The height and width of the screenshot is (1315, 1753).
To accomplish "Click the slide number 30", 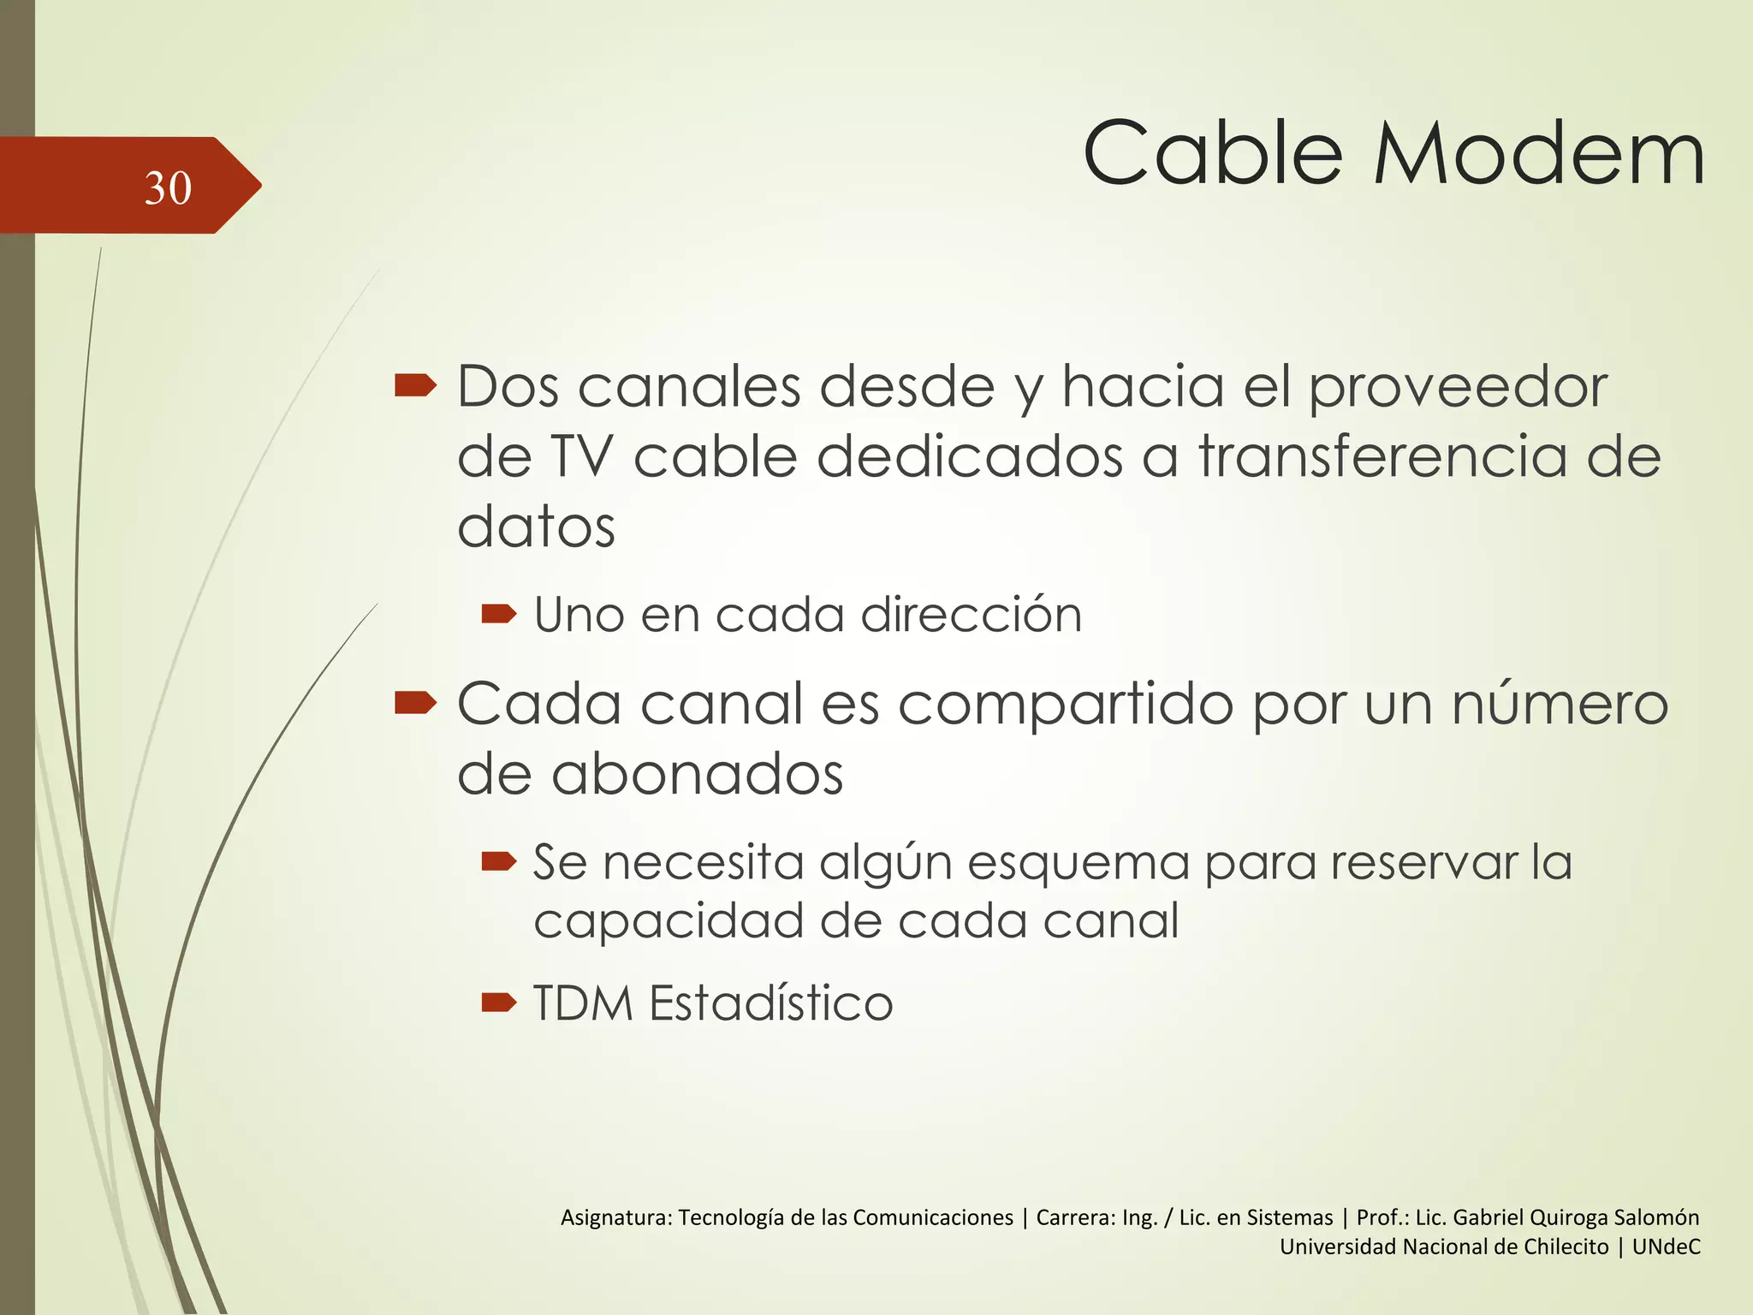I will tap(168, 187).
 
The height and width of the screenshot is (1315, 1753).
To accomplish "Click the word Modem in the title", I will tap(1539, 155).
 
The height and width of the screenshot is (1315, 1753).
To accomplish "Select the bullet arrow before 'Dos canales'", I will tap(416, 387).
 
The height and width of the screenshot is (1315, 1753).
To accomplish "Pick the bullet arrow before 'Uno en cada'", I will tap(499, 614).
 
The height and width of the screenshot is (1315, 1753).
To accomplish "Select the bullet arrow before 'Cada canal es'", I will tap(416, 704).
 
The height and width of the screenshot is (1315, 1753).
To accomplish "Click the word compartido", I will tap(1066, 705).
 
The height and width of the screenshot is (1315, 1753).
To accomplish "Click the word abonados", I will tap(697, 774).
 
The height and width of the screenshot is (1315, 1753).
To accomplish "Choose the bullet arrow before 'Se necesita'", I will tap(499, 860).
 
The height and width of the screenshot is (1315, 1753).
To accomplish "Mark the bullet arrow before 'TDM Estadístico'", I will tap(499, 1003).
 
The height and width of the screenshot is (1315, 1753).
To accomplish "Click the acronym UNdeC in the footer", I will tap(1666, 1247).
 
